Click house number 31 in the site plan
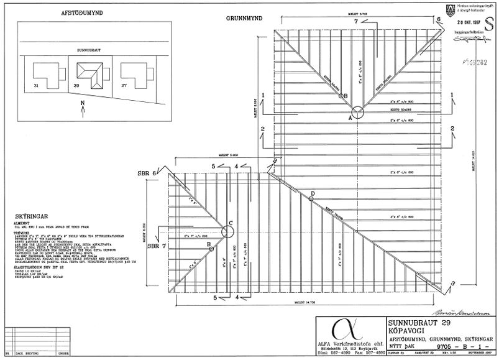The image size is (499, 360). click(36, 85)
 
